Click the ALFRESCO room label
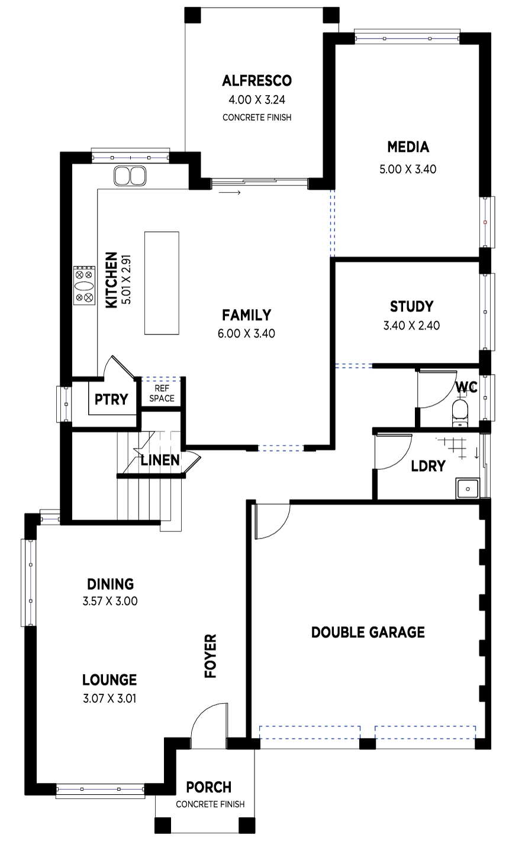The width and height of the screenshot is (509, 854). coord(257,81)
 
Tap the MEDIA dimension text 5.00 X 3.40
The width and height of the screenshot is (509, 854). coord(408,169)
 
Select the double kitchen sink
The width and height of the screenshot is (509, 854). coord(130,176)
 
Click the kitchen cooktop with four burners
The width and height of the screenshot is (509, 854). coord(85,285)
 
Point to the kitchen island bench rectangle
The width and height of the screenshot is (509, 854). coord(162,283)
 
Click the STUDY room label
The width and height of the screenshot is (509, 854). coord(411,307)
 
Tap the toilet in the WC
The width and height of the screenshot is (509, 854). coord(460,413)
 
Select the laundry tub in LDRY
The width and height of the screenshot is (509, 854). coord(468,488)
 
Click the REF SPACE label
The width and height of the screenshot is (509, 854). coord(162,394)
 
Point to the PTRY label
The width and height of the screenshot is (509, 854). coord(111,400)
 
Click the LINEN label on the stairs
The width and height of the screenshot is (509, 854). coord(160,460)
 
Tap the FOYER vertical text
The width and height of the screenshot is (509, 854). coord(210,656)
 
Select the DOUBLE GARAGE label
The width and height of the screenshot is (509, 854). coord(368,632)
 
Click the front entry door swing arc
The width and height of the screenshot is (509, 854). coord(204,712)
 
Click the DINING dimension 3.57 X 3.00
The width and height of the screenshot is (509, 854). coord(110,601)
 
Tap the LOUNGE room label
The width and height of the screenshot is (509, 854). coord(109,680)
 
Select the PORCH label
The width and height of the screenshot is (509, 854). coord(208,787)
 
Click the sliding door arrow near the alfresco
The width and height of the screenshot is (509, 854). coord(230,193)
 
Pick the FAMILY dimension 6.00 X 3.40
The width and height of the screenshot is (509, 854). coord(246,333)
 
